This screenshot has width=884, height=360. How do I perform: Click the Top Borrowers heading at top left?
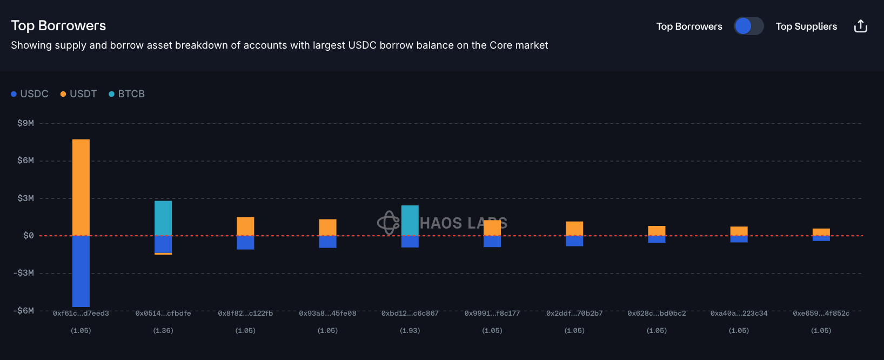[x=58, y=25]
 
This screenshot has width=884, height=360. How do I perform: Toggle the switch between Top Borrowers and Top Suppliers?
[x=748, y=26]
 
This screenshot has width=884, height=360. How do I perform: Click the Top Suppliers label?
[x=806, y=26]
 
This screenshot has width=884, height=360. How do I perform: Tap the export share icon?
[x=860, y=26]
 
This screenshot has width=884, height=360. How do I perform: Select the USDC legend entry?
[x=30, y=94]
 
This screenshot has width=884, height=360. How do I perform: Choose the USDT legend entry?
[x=78, y=94]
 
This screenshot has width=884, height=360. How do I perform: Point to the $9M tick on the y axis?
[x=25, y=123]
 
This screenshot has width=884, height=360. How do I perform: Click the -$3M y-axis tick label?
[x=24, y=273]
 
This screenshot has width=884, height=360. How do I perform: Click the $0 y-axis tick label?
[x=28, y=236]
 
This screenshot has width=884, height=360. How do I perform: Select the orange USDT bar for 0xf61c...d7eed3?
[x=81, y=187]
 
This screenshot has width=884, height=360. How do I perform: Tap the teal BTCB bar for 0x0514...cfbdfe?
[x=163, y=218]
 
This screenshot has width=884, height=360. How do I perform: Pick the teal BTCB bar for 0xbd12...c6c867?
[x=410, y=221]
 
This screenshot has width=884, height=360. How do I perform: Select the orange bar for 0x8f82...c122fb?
[x=245, y=226]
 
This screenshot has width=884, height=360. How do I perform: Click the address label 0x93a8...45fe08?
[x=327, y=314]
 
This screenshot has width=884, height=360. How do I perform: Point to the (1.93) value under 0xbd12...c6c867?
[x=410, y=330]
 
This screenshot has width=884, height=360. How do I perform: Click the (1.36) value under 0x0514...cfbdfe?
[x=163, y=330]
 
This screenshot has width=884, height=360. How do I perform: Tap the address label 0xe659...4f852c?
[x=821, y=314]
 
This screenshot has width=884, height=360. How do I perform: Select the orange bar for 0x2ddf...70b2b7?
[x=574, y=229]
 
